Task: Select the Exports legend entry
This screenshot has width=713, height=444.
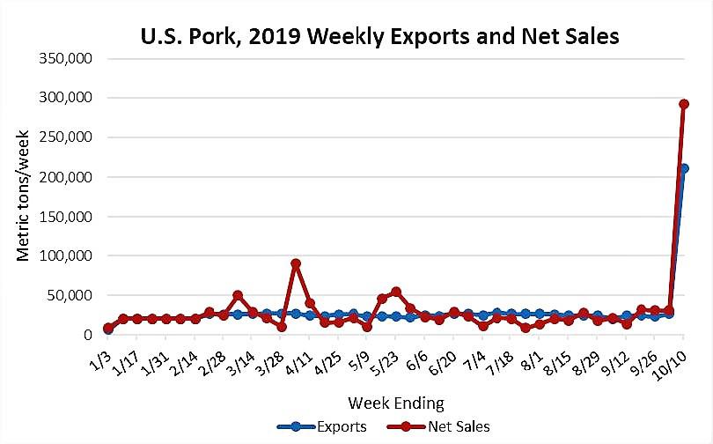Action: [x=322, y=427]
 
